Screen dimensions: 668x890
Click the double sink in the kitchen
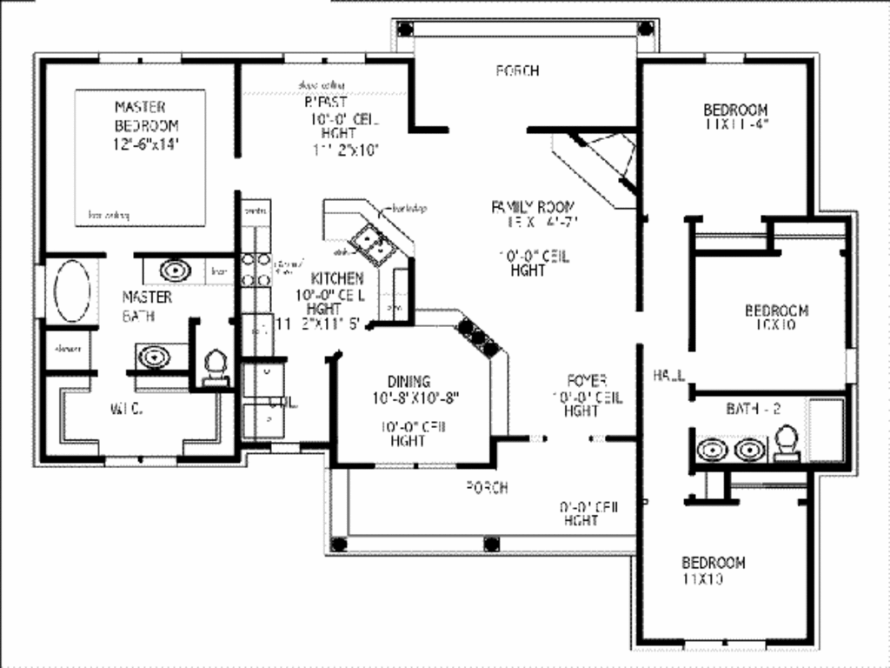click(374, 243)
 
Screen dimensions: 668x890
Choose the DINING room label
click(408, 381)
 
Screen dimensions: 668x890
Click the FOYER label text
click(586, 380)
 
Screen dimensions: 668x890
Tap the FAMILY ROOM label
click(533, 207)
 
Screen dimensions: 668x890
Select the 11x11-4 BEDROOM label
click(735, 110)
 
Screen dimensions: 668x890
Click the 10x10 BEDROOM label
click(776, 311)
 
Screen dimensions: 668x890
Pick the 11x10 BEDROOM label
click(713, 562)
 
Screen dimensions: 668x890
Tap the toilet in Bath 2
click(787, 441)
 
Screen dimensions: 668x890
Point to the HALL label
click(669, 375)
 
